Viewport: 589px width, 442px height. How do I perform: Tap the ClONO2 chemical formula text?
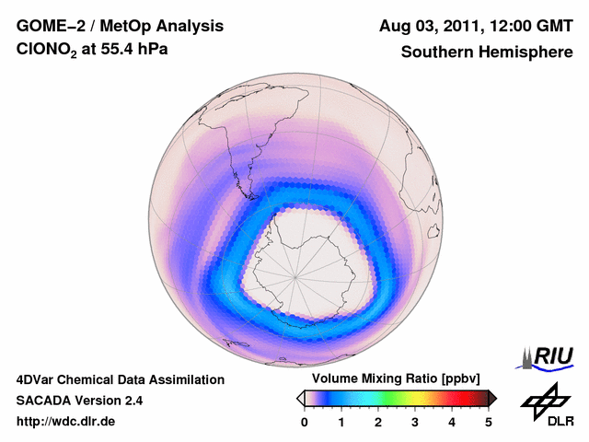(47, 53)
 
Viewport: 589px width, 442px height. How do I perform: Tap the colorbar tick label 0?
(305, 422)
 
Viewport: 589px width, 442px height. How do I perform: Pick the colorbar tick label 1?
(341, 422)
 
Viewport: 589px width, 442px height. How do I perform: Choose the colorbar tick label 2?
(378, 422)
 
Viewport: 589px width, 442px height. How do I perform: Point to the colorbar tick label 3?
(415, 422)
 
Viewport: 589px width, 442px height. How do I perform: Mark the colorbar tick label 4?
(452, 422)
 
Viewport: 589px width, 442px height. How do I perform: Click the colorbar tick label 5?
(489, 422)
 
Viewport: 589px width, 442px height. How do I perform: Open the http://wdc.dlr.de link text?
(66, 422)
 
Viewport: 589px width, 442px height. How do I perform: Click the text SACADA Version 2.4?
(79, 401)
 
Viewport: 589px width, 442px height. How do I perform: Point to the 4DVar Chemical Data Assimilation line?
(120, 379)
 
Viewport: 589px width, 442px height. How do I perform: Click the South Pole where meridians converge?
(296, 275)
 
